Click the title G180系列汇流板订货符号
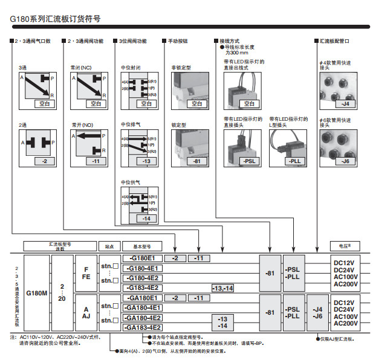click(55, 19)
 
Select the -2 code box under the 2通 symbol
click(44, 161)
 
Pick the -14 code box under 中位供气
click(145, 217)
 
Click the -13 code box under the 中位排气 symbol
click(145, 161)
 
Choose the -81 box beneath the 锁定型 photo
click(196, 161)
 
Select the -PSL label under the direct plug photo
click(248, 161)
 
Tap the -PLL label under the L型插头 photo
click(294, 161)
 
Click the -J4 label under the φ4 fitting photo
click(345, 103)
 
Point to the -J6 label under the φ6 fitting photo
click(345, 161)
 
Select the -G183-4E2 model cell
click(143, 288)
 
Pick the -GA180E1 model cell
click(143, 298)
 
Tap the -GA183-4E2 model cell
click(143, 327)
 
